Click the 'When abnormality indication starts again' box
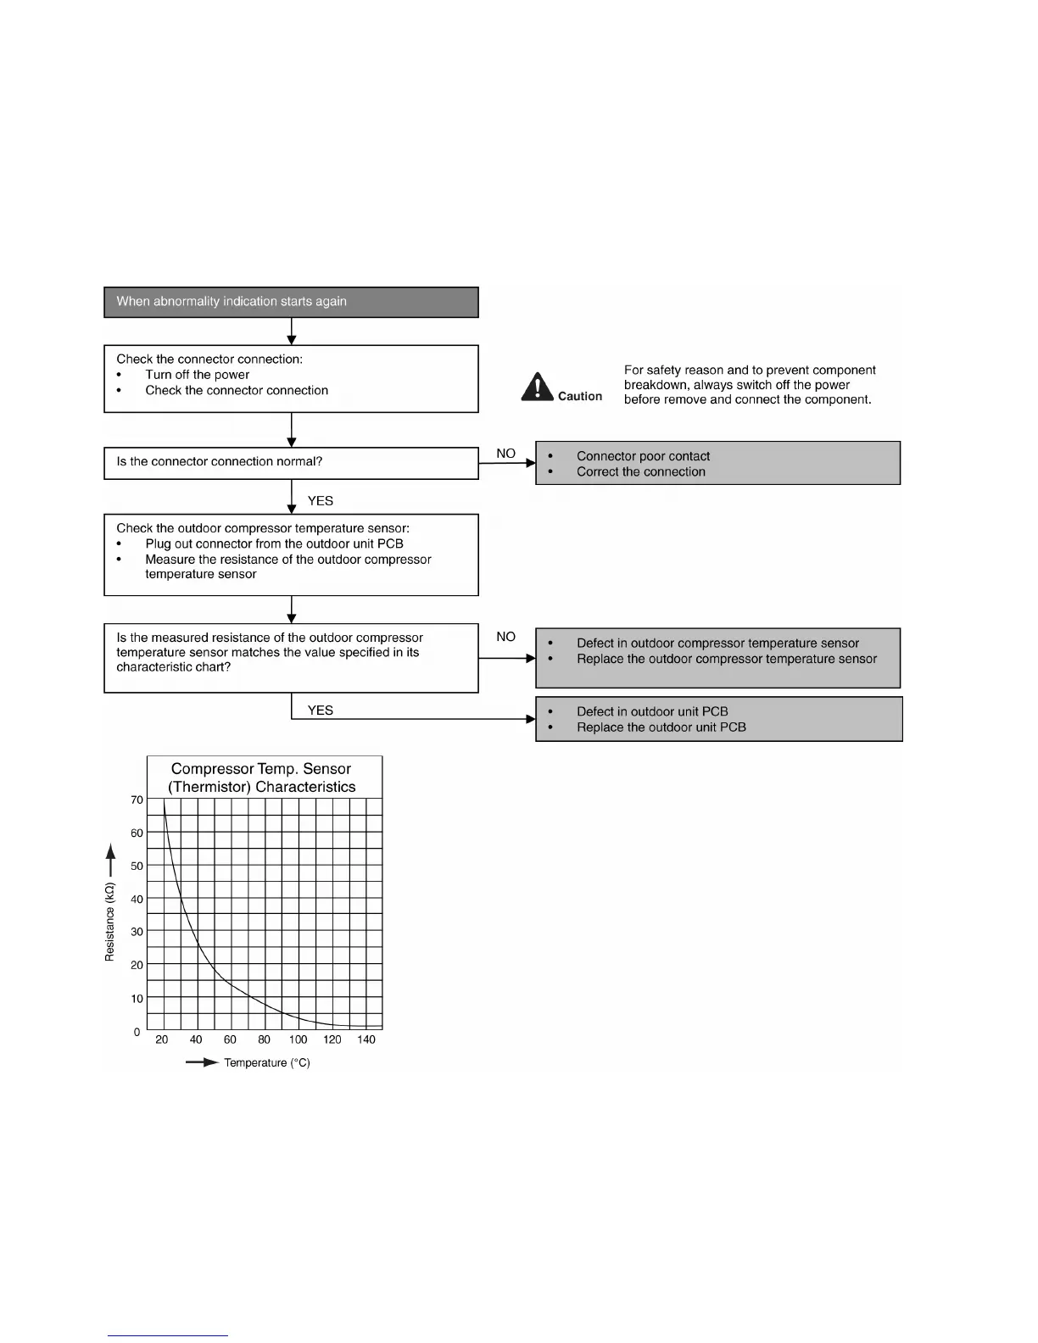coord(291,302)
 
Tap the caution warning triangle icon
coord(537,387)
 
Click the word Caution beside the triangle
coord(580,396)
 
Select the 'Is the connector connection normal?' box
coord(291,463)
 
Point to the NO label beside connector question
coord(505,454)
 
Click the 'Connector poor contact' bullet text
coord(643,456)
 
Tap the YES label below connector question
coord(320,501)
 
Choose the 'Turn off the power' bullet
coord(197,375)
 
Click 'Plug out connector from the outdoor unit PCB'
coord(274,543)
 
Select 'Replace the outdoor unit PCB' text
coord(661,727)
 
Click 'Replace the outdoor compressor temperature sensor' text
coord(726,659)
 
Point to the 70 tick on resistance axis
coord(137,800)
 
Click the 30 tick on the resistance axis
coord(137,932)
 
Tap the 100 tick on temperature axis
coord(298,1039)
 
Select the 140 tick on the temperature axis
coord(366,1039)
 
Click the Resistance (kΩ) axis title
coord(109,922)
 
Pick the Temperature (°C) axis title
coord(266,1063)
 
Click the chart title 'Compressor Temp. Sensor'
coord(260,769)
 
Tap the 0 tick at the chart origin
coord(137,1032)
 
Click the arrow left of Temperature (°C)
coord(202,1062)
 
